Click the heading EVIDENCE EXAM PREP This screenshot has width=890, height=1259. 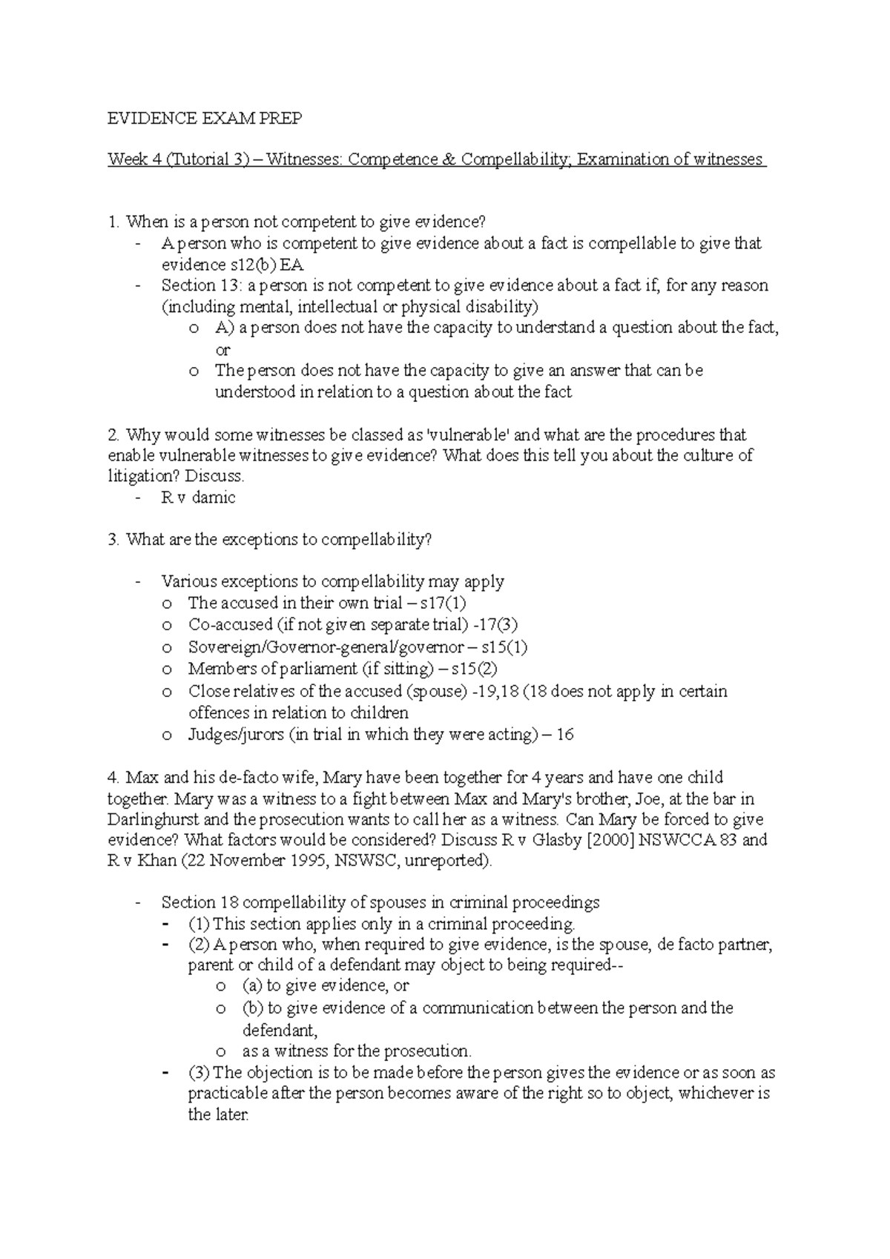click(205, 119)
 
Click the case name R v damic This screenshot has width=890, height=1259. click(198, 498)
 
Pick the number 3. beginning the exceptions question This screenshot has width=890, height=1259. click(113, 540)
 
